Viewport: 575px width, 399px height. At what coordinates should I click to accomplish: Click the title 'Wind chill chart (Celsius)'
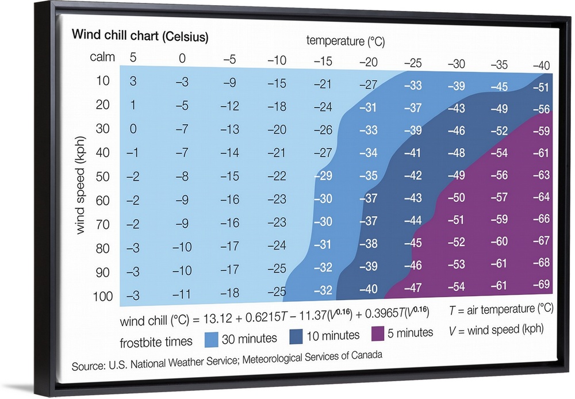pos(140,36)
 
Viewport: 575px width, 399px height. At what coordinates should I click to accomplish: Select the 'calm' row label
pos(102,57)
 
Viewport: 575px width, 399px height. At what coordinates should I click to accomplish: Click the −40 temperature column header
pos(541,66)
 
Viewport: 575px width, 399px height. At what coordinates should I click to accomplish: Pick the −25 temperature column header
pos(413,63)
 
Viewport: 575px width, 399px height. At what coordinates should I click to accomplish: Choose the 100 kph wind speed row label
pos(102,296)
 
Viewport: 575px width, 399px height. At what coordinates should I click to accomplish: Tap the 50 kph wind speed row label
pos(102,177)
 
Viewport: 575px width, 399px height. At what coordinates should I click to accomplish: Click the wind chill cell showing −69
pos(541,285)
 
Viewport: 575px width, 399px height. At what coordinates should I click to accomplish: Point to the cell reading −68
pos(541,263)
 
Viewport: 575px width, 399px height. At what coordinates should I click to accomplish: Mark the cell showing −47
pos(413,287)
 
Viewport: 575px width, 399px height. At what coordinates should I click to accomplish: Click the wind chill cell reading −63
pos(541,174)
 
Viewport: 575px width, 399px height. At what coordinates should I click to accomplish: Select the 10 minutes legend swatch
pos(302,336)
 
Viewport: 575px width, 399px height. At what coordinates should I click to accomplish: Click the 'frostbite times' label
pos(156,342)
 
